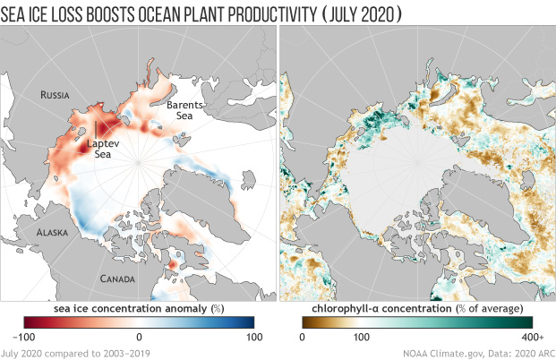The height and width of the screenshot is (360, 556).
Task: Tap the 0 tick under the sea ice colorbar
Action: [x=140, y=337]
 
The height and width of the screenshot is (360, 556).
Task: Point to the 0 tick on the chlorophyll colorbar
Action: [x=302, y=337]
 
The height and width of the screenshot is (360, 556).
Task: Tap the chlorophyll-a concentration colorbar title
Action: [x=416, y=309]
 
